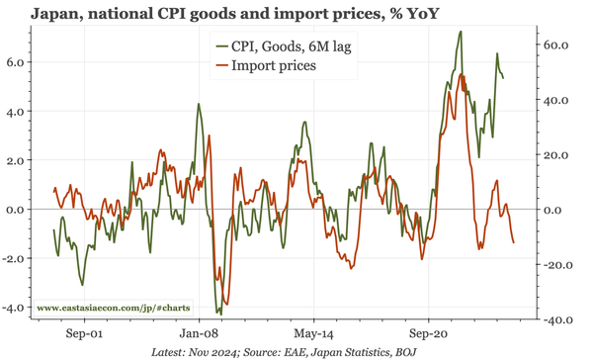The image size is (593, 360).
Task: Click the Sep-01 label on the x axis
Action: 83,335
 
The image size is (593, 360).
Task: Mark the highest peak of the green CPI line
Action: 461,32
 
